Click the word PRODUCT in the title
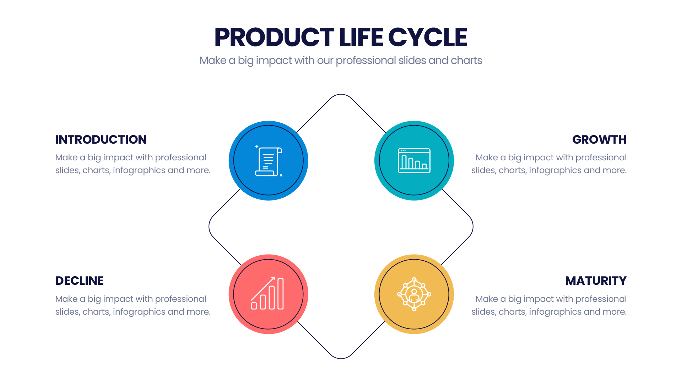[x=274, y=37]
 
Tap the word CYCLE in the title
[x=428, y=37]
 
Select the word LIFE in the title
[x=361, y=37]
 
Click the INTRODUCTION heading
[x=101, y=139]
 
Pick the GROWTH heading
[x=599, y=139]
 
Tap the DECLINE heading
[x=79, y=281]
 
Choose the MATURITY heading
[x=596, y=281]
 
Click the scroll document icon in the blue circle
[x=269, y=161]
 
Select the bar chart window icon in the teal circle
[x=414, y=161]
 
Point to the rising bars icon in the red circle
[x=267, y=293]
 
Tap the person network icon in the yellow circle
[x=414, y=294]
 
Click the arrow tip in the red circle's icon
[x=274, y=278]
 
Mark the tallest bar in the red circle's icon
[x=281, y=294]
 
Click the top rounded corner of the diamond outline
[x=341, y=95]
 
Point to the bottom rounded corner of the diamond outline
[x=341, y=358]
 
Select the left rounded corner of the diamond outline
[x=209, y=226]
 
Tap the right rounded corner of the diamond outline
[x=473, y=226]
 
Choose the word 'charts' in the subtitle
[x=466, y=60]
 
